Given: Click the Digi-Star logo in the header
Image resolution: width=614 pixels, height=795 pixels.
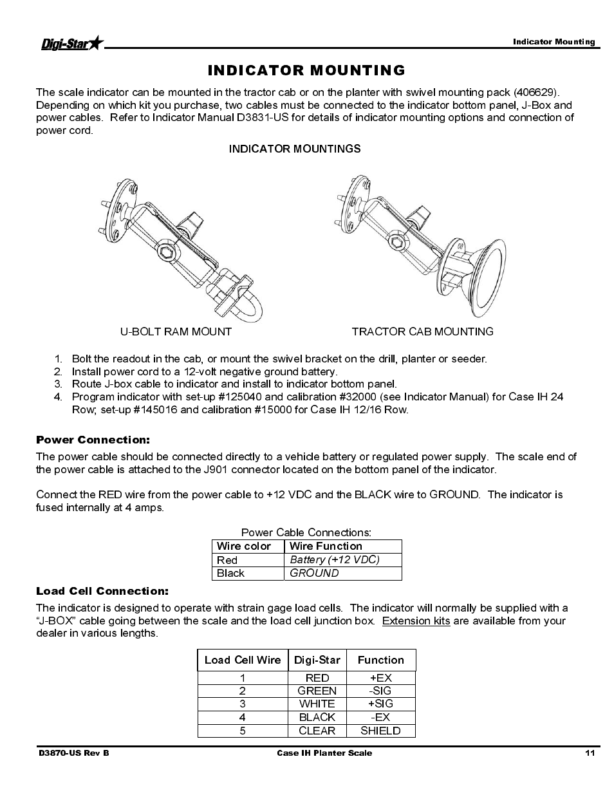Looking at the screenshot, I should click(71, 44).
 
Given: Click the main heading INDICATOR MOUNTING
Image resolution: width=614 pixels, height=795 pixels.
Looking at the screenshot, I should click(306, 70).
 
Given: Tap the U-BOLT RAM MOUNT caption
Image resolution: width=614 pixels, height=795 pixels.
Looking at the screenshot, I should click(176, 332).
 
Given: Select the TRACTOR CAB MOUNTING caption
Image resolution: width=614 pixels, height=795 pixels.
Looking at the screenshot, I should click(422, 332).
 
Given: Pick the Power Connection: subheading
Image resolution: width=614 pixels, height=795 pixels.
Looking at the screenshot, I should click(93, 440).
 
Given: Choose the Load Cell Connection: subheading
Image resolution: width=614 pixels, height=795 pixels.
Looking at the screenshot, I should click(102, 591).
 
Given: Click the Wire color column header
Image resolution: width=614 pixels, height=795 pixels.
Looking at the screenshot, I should click(244, 546).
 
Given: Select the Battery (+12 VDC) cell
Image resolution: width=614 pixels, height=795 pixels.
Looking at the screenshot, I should click(335, 559).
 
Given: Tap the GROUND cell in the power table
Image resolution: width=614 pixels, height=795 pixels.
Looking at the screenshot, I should click(314, 573).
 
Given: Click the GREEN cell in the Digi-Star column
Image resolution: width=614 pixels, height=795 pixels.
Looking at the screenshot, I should click(317, 691).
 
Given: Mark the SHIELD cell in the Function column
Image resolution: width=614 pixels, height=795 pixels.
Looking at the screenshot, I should click(380, 731).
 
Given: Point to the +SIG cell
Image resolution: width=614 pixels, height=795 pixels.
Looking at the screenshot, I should click(380, 704).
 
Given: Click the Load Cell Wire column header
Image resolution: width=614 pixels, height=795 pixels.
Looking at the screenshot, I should click(243, 660).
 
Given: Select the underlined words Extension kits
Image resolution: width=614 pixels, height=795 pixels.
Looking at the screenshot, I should click(416, 621).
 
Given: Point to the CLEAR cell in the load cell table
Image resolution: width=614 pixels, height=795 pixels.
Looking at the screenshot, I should click(317, 731).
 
